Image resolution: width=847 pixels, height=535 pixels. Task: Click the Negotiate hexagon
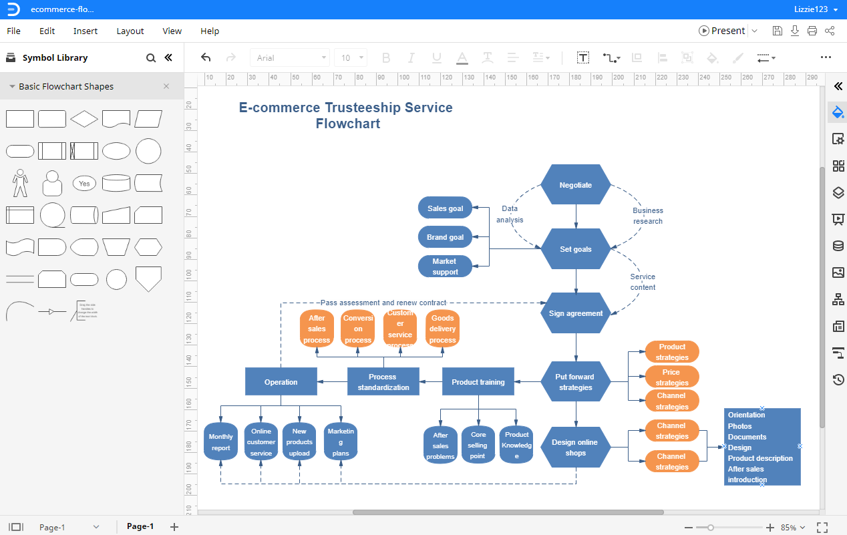(575, 185)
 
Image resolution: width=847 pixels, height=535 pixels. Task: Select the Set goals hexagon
(575, 249)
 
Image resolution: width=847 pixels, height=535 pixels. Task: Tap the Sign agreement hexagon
(575, 313)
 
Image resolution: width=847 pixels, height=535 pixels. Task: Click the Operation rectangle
(281, 382)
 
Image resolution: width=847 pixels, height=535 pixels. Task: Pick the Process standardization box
(383, 382)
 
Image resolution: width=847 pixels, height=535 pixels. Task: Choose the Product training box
(478, 382)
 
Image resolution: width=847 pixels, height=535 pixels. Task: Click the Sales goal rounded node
(445, 208)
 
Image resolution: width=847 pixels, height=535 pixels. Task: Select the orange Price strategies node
(671, 377)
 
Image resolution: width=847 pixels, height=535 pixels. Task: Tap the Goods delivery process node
(442, 329)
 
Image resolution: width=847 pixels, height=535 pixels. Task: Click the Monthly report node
(220, 442)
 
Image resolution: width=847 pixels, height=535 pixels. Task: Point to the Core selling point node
(478, 445)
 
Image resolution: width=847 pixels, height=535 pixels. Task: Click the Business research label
(647, 216)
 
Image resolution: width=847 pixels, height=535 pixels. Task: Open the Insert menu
(86, 31)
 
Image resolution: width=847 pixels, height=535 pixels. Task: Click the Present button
(722, 31)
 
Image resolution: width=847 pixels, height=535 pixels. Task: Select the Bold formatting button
(385, 58)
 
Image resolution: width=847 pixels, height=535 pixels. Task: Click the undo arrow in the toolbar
(206, 58)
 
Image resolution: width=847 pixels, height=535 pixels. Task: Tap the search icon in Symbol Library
(151, 58)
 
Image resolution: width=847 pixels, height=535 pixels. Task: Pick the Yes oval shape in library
(84, 184)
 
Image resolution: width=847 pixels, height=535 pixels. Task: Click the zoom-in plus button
(770, 528)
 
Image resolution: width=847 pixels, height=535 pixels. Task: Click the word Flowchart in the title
(348, 124)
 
